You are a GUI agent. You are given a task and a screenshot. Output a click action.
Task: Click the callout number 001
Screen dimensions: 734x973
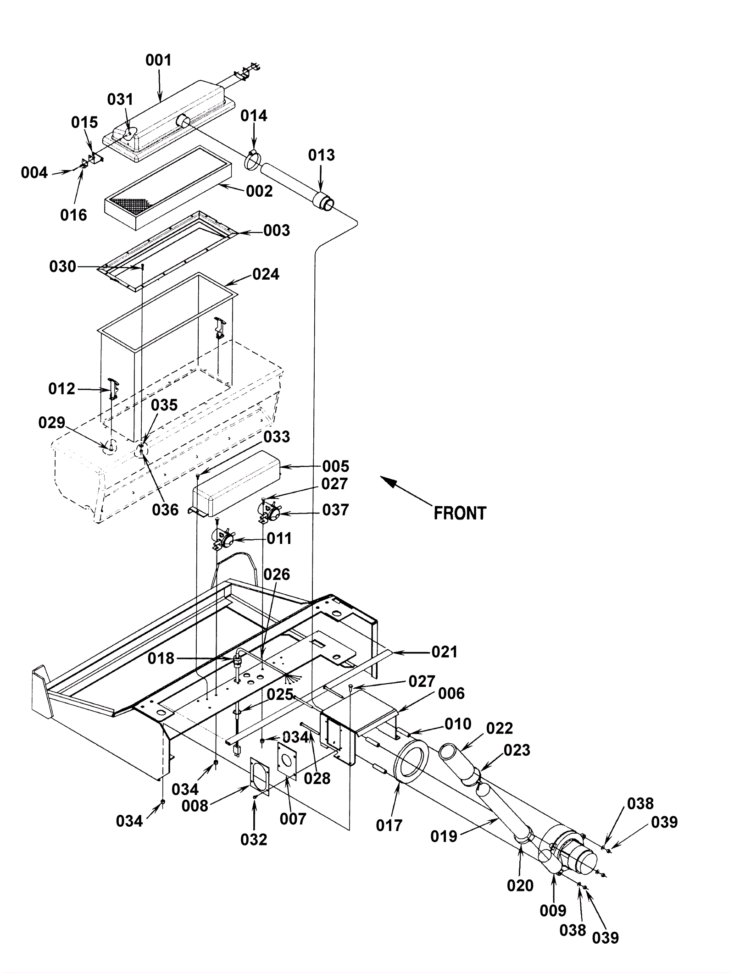(158, 60)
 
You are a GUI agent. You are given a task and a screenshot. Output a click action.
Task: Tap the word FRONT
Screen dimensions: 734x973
(460, 513)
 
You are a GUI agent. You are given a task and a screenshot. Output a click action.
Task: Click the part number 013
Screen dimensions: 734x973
(322, 155)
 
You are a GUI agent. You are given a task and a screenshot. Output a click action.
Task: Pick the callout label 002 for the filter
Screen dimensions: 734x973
(259, 191)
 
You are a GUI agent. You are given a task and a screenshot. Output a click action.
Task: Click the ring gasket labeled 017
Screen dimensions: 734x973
(411, 759)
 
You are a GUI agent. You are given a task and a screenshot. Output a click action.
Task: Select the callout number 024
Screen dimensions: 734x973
(266, 274)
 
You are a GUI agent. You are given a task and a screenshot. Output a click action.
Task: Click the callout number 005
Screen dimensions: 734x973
(335, 466)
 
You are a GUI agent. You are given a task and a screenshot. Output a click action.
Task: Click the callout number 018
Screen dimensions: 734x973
(161, 658)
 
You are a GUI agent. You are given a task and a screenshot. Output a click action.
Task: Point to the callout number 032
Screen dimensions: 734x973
(254, 840)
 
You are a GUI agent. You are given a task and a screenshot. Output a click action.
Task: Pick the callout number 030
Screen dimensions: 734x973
(62, 266)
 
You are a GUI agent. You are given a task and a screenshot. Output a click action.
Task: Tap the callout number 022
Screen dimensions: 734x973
(499, 728)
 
